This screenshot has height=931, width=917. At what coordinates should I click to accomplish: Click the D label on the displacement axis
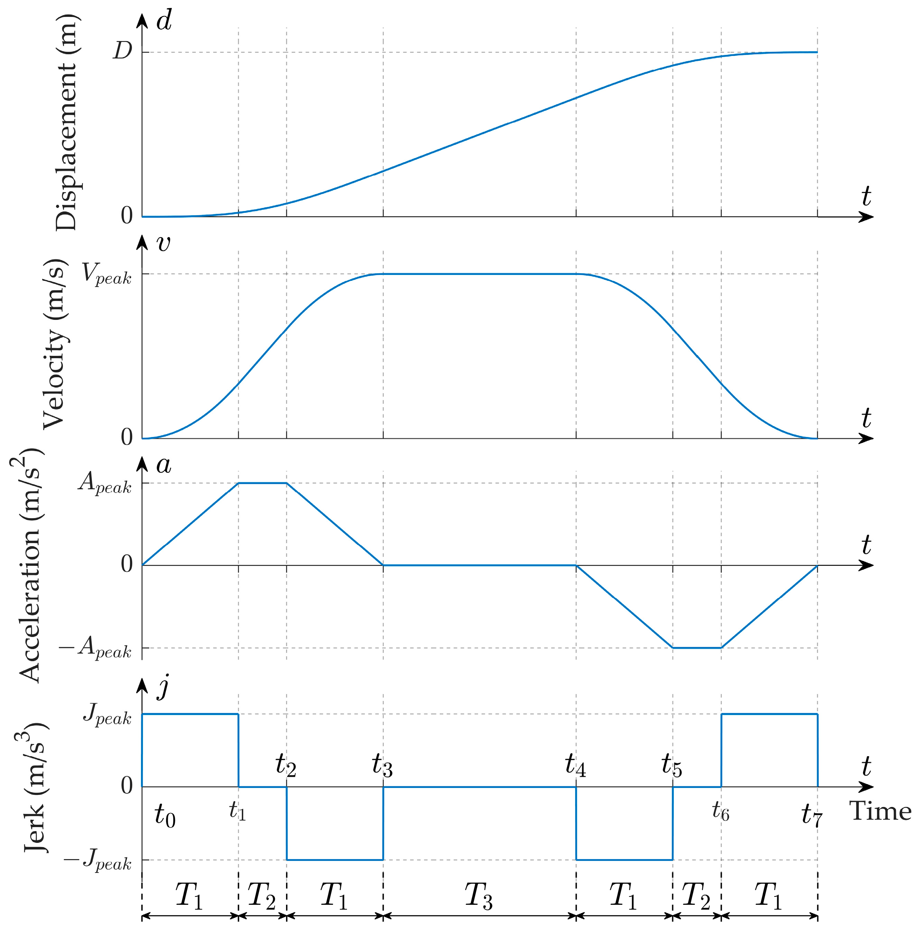click(x=122, y=50)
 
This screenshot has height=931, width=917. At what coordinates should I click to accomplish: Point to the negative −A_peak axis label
click(x=95, y=647)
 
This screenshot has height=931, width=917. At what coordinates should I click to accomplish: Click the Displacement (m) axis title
click(x=66, y=123)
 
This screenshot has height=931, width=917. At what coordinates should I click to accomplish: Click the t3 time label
click(x=382, y=765)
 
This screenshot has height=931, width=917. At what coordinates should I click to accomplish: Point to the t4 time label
click(x=575, y=765)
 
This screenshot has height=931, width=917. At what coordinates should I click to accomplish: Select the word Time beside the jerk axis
click(x=880, y=811)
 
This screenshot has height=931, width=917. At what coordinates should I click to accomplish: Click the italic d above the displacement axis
click(x=164, y=22)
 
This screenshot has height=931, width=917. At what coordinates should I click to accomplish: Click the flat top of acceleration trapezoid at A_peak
click(x=262, y=483)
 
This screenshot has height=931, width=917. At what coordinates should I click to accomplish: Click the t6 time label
click(x=720, y=811)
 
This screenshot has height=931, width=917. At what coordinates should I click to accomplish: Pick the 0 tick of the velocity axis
click(x=127, y=437)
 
